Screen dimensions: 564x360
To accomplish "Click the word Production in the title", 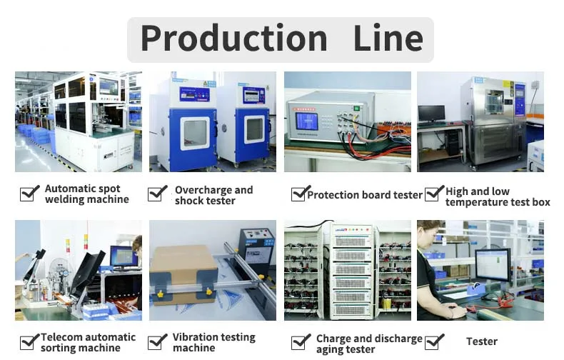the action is click(233, 38).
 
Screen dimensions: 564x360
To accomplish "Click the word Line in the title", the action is click(388, 38).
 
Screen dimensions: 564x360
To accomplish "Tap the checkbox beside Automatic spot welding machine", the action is click(29, 193).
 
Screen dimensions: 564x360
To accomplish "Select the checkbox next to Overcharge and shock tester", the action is click(158, 193).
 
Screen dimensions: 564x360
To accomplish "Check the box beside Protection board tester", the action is click(300, 194).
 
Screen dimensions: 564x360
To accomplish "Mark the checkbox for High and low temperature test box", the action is click(433, 193).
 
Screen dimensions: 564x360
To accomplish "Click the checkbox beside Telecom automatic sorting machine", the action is click(29, 341).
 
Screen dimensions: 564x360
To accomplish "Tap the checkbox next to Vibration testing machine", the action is click(158, 341).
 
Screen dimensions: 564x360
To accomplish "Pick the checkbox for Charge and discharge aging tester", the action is click(301, 342).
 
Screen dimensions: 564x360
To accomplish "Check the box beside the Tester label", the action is click(433, 341).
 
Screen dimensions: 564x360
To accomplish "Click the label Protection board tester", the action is click(365, 194).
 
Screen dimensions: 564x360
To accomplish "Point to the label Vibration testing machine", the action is click(213, 342).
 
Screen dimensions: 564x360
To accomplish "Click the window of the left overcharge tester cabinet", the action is click(194, 133).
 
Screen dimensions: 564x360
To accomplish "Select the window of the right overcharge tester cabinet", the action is click(254, 129).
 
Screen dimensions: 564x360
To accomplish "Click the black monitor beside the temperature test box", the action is click(431, 113).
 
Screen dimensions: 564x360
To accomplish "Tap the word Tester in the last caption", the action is click(482, 341).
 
